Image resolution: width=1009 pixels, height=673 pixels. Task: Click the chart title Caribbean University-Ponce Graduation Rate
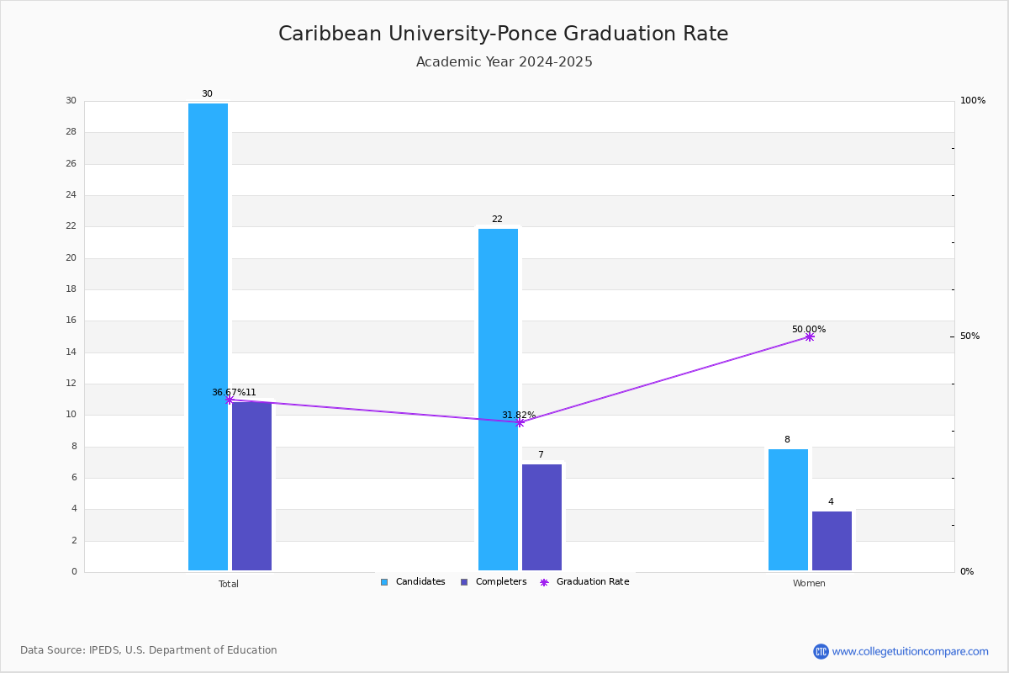503,34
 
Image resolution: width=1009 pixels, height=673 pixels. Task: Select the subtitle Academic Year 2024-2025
504,61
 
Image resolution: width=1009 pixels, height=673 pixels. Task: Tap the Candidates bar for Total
209,336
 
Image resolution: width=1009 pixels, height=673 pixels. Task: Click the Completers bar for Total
251,486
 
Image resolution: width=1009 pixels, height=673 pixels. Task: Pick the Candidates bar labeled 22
498,400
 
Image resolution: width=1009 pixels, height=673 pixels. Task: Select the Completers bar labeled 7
541,517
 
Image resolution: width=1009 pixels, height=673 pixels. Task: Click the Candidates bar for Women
789,510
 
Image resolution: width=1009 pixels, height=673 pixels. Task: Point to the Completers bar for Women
832,541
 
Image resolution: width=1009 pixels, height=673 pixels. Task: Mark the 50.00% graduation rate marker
810,336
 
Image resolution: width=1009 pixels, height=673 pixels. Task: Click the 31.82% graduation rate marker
520,422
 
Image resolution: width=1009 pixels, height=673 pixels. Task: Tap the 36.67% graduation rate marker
230,400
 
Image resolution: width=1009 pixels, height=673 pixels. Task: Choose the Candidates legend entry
413,582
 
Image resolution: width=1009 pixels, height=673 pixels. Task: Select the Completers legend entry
494,582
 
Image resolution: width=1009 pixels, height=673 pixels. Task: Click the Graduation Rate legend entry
584,582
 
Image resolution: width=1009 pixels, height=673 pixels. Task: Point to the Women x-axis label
809,583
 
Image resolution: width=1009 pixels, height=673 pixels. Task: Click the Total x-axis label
229,584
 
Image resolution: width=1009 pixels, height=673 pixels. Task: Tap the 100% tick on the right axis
973,100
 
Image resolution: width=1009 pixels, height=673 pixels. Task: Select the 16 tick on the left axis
71,320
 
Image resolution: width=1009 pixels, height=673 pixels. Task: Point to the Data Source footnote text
149,650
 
